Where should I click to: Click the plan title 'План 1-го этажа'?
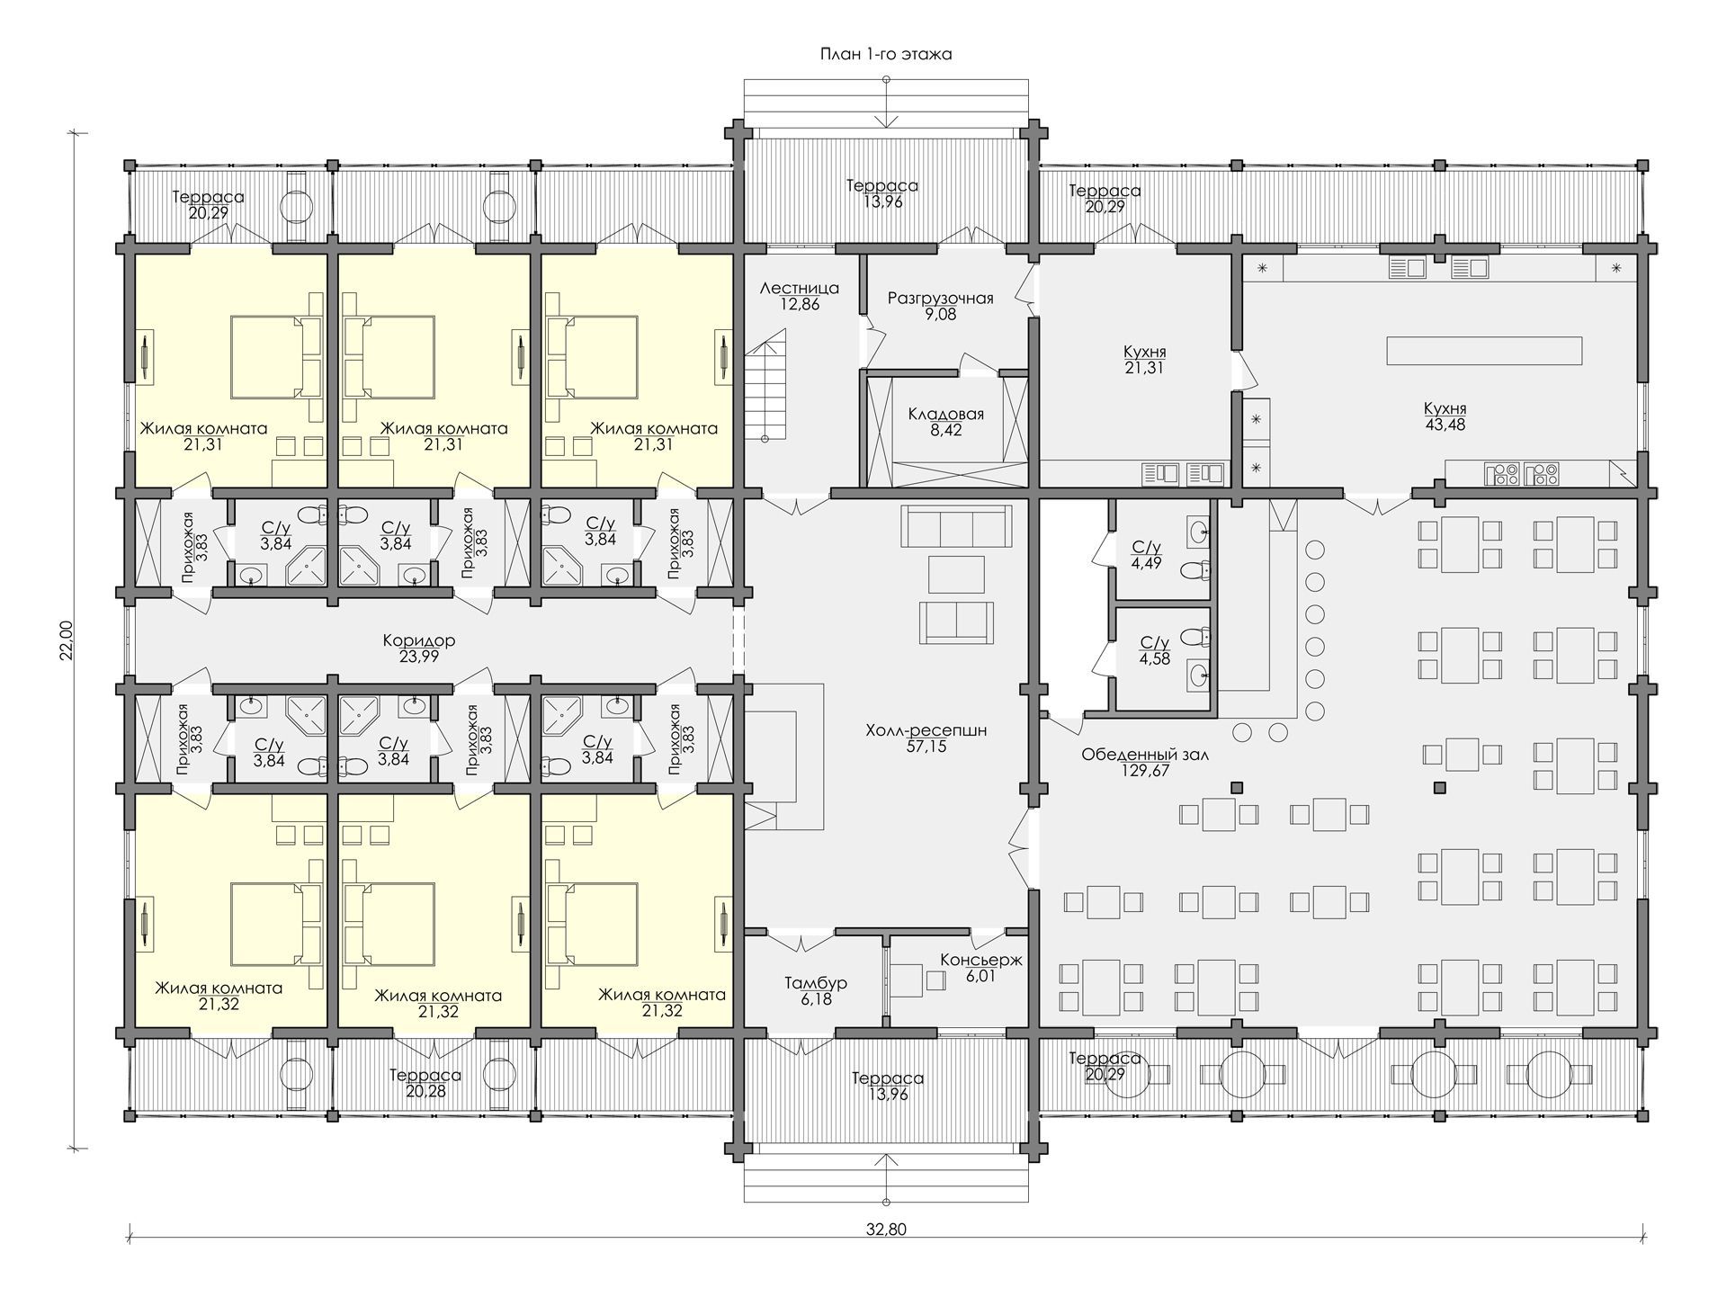(x=886, y=54)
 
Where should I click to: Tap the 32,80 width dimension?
(x=888, y=1230)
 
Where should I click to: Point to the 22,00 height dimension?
(x=66, y=640)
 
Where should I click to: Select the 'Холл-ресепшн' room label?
(x=926, y=730)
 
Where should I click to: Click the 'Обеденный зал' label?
(x=1145, y=755)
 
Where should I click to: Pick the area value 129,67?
(x=1145, y=771)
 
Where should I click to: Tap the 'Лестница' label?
(x=800, y=289)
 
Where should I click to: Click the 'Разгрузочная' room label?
(x=940, y=299)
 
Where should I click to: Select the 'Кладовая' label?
(x=945, y=415)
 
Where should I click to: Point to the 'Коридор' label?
(x=419, y=641)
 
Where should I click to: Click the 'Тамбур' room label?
(x=816, y=983)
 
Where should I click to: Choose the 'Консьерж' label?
(x=981, y=960)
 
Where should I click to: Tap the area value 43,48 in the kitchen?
(x=1445, y=425)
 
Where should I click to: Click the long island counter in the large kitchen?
(x=1484, y=351)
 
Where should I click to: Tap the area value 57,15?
(x=926, y=747)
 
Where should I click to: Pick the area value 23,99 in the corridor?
(x=419, y=657)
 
